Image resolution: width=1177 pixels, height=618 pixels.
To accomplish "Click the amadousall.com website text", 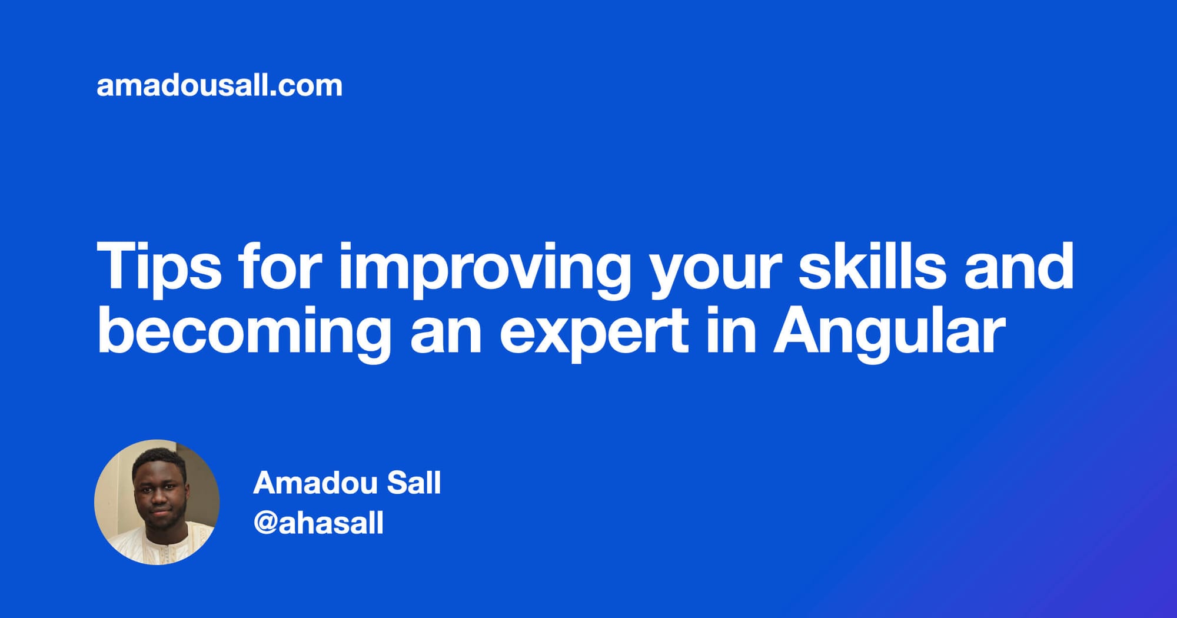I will click(x=219, y=86).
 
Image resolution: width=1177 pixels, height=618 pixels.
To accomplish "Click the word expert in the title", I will click(x=594, y=333).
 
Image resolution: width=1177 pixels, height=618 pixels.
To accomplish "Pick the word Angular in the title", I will click(x=889, y=333).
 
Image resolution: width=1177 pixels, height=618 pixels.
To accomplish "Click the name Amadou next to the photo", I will click(x=315, y=483).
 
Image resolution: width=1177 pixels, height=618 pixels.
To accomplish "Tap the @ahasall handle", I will click(x=318, y=523).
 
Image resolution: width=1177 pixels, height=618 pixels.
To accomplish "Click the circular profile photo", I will click(x=157, y=502).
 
